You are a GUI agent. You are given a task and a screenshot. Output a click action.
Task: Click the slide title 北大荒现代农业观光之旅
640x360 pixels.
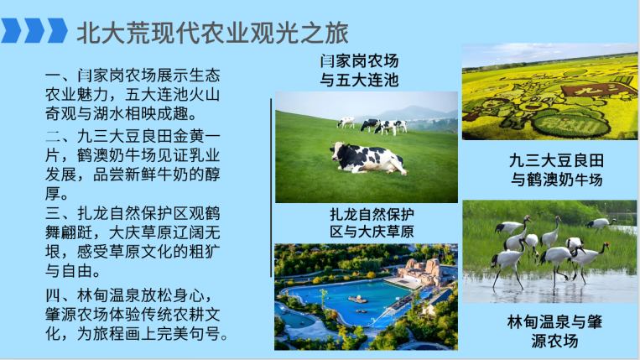pos(212,32)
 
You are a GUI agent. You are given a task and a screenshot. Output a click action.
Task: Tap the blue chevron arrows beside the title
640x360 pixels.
pos(34,31)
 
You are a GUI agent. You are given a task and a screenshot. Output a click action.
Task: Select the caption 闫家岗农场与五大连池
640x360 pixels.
pos(358,70)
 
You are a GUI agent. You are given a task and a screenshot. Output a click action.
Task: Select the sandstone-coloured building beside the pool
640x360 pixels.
pos(424,270)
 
